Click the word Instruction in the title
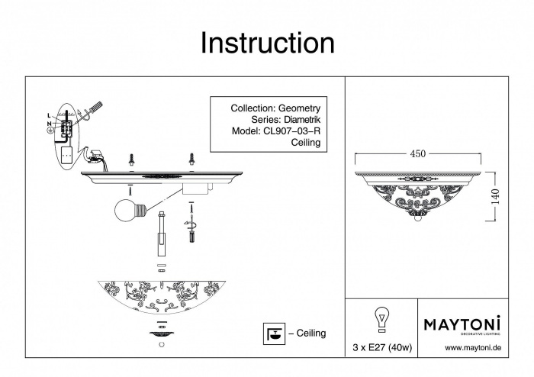click(267, 43)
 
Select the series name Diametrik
click(303, 120)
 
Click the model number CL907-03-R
click(293, 130)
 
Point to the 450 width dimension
click(418, 153)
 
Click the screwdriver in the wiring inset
click(90, 111)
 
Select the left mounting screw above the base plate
click(130, 159)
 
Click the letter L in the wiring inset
click(48, 115)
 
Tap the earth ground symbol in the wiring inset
click(50, 130)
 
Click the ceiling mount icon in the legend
click(270, 333)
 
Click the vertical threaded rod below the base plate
click(162, 235)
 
